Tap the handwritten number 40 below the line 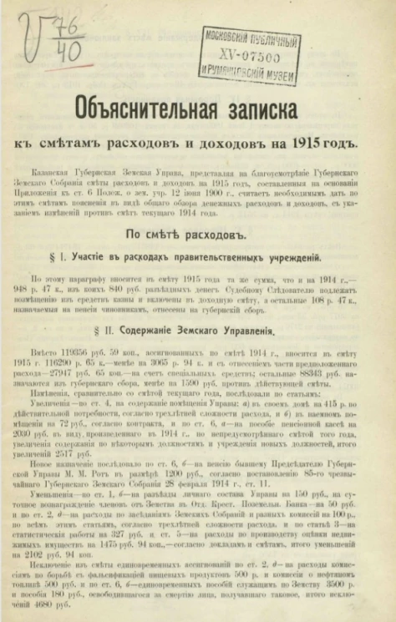point(68,52)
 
